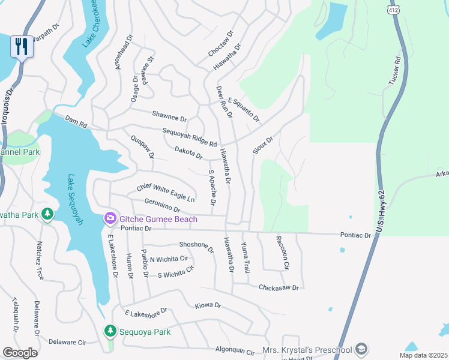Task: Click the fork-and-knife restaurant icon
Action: [x=22, y=46]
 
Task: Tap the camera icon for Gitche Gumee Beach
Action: [x=110, y=219]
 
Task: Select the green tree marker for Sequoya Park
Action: [x=110, y=331]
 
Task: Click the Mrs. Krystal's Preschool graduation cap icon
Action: [x=361, y=349]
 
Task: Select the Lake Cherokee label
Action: [x=94, y=23]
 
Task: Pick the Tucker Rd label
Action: [x=396, y=71]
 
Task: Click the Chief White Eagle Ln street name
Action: [x=166, y=193]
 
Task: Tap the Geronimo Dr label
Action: [x=162, y=206]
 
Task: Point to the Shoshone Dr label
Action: [x=196, y=246]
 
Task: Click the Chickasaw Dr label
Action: [x=278, y=288]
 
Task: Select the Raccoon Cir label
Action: [x=282, y=252]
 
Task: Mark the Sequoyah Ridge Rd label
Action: [x=189, y=137]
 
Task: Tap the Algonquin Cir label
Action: [x=235, y=350]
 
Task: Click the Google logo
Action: [x=20, y=352]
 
